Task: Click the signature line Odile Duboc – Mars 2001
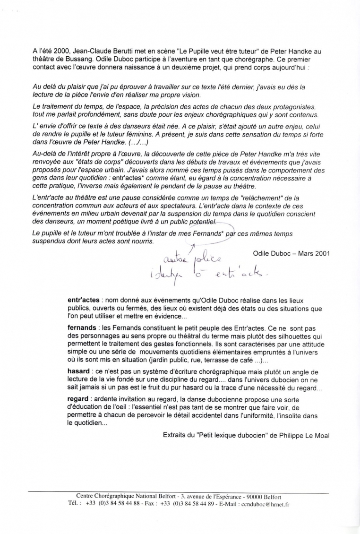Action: pyautogui.click(x=291, y=253)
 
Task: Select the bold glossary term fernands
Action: pyautogui.click(x=82, y=327)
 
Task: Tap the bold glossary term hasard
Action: pyautogui.click(x=79, y=371)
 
